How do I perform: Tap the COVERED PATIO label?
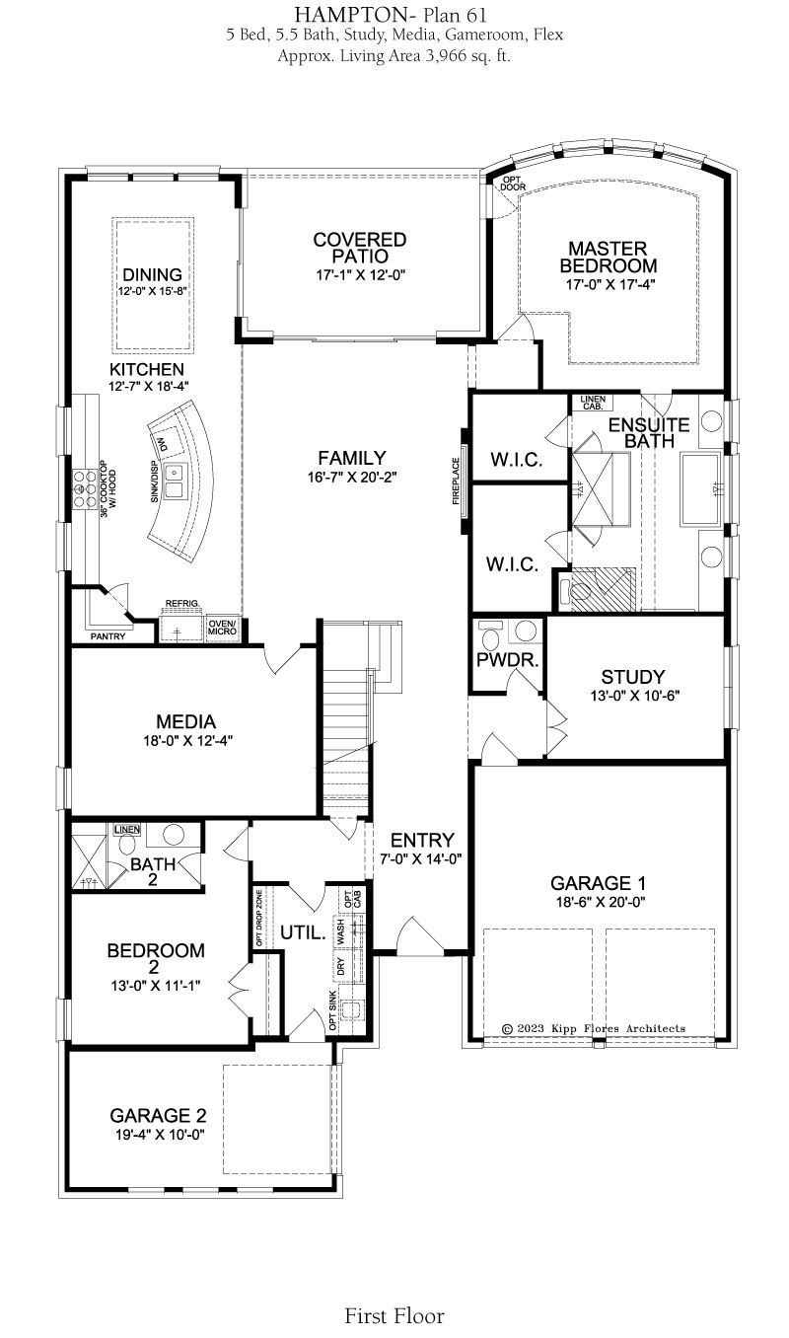(359, 248)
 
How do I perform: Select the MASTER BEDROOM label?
(608, 257)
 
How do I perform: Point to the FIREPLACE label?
(456, 481)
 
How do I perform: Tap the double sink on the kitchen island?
(175, 482)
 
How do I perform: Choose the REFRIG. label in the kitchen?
(182, 603)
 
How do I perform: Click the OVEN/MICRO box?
(222, 628)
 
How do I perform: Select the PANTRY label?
(108, 636)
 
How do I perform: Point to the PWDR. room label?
(507, 661)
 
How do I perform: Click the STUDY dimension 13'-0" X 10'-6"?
(635, 696)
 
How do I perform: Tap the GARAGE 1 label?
(598, 883)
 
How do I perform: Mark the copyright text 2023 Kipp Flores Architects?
(594, 1028)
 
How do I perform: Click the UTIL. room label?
(303, 932)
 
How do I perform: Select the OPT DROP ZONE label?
(259, 918)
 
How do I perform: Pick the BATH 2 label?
(153, 871)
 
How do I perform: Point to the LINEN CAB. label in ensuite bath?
(593, 403)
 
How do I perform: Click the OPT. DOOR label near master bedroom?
(513, 184)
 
